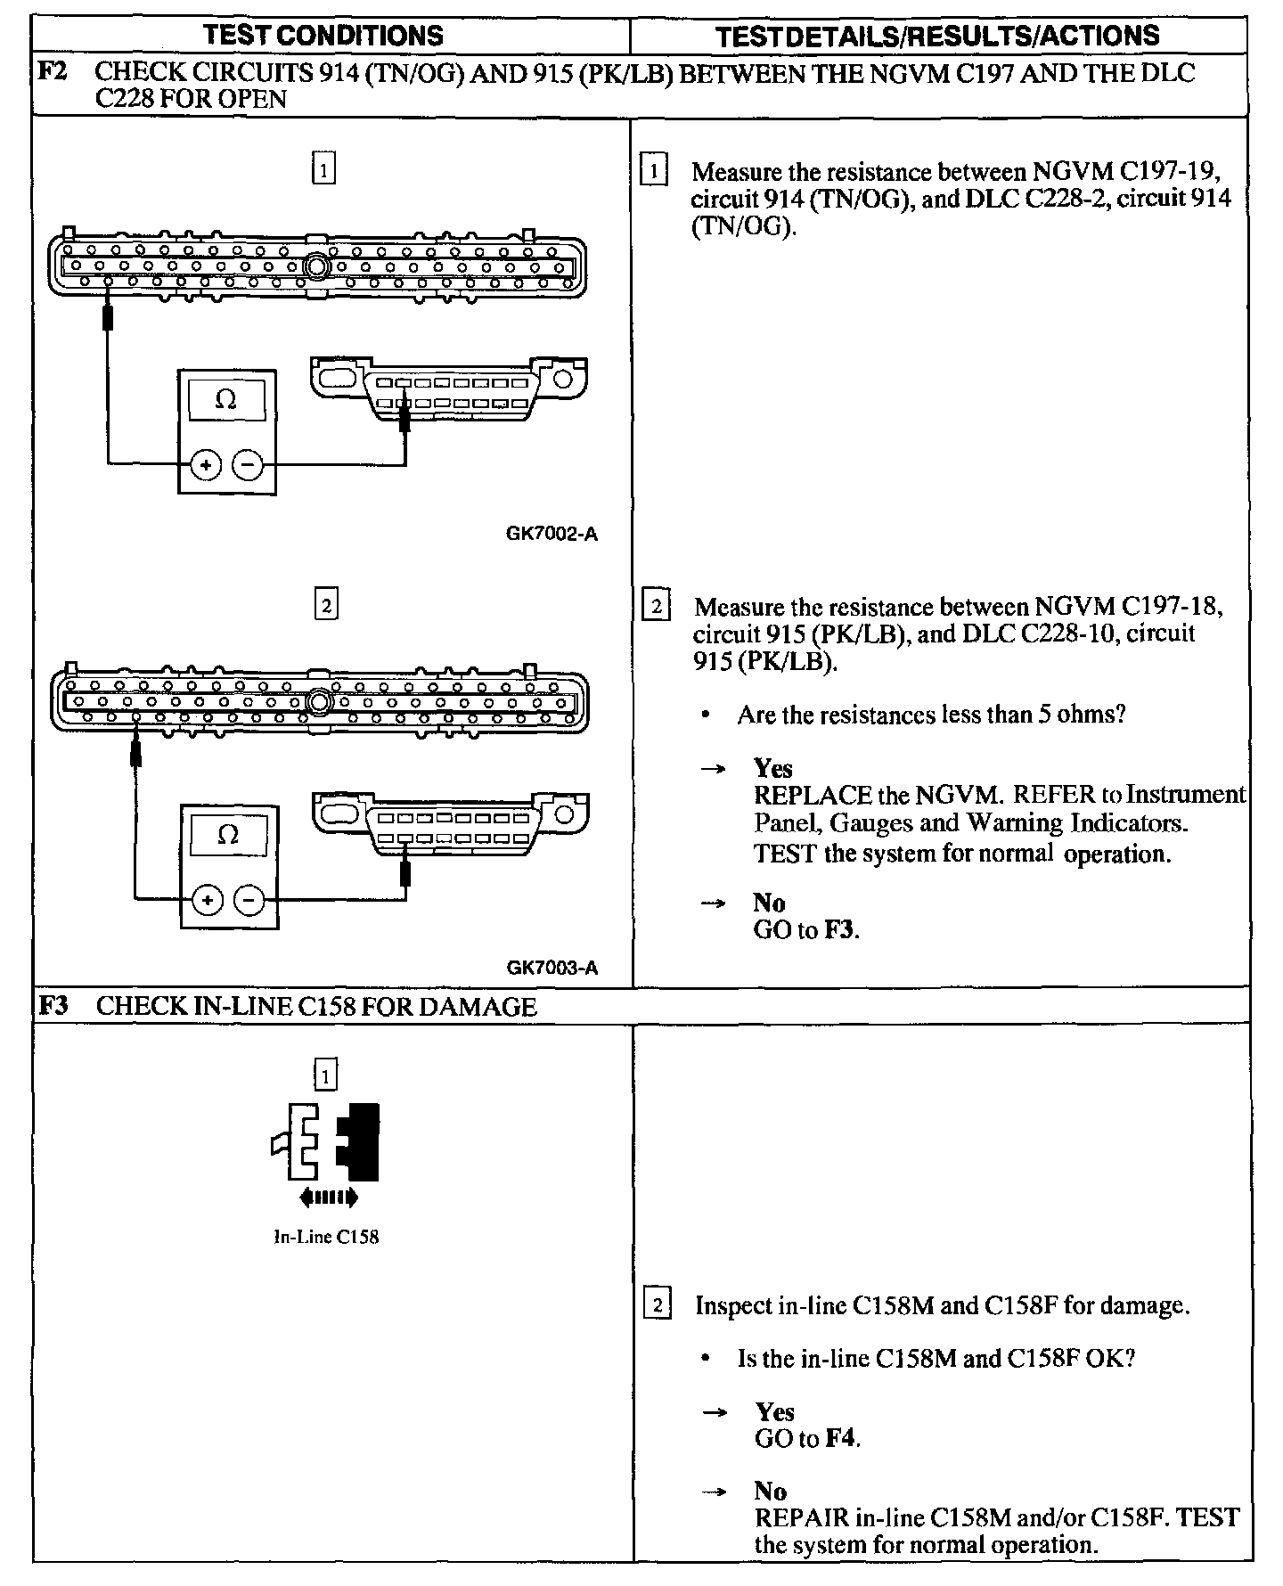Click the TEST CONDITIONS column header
pos(323,36)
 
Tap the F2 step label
pos(53,72)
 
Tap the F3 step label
pos(53,1006)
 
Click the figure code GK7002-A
pos(552,535)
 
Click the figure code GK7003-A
pos(552,968)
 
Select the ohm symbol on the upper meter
pos(226,400)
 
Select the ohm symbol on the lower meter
pos(229,835)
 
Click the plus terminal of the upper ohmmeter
pos(206,464)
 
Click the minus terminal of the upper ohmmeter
pos(249,464)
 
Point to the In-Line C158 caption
pos(326,1237)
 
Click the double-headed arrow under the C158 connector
pos(330,1198)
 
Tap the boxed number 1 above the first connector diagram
pos(324,168)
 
